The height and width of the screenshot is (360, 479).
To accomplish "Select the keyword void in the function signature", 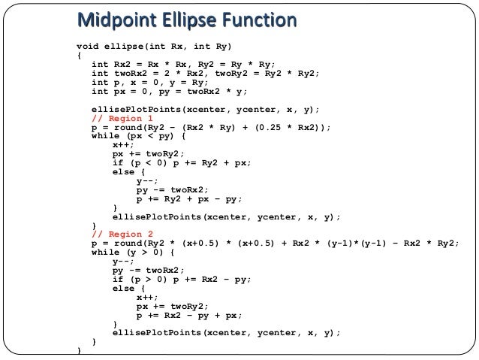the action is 88,45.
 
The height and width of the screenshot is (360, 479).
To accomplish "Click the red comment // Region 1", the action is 122,119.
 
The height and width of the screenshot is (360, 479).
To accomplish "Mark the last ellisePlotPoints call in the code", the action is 226,332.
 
